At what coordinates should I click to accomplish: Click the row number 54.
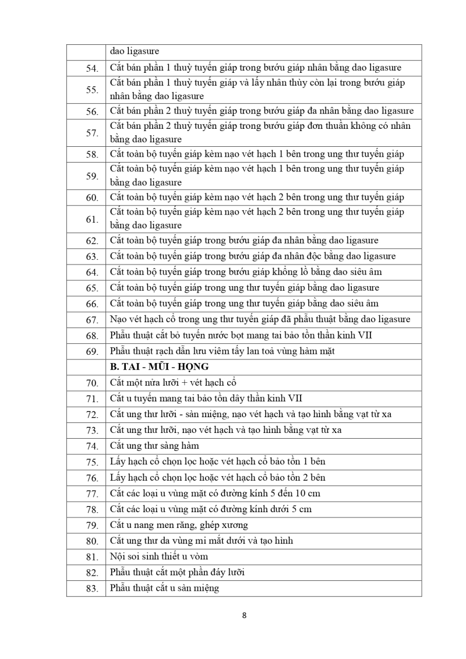pos(92,69)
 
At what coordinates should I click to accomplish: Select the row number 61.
pos(92,219)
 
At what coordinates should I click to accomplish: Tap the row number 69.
pos(92,351)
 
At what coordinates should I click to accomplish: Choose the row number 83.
pos(92,588)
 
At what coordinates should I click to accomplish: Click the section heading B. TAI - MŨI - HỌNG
pos(159,367)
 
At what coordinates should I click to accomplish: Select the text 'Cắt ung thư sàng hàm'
pos(154,446)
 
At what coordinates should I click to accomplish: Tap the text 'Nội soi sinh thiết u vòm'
pos(159,556)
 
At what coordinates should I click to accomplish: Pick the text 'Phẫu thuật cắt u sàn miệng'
pos(164,588)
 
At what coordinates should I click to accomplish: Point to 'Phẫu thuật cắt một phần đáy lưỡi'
pos(177,572)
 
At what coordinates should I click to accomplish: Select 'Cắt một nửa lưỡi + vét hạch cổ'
pos(173,383)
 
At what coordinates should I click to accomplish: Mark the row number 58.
pos(92,155)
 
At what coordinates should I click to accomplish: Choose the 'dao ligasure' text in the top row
pos(135,51)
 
